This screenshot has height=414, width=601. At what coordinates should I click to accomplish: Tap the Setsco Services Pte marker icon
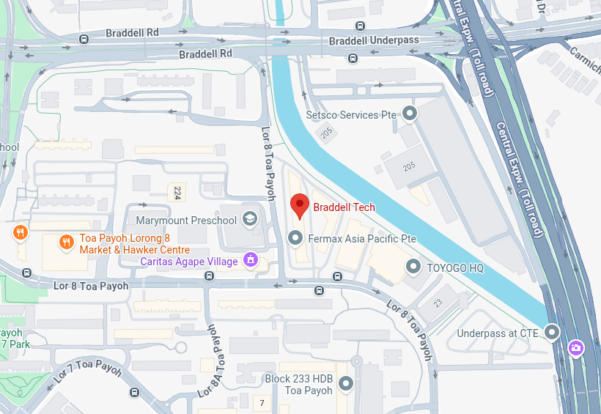point(410,114)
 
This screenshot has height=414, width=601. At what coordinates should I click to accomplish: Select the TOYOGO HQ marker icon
point(413,267)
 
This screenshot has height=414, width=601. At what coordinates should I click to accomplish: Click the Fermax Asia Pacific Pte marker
point(295,238)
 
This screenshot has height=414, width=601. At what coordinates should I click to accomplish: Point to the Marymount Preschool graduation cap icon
point(249,219)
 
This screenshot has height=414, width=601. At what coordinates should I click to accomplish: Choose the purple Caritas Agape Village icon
point(251,260)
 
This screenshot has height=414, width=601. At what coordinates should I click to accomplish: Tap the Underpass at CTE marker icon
point(552,333)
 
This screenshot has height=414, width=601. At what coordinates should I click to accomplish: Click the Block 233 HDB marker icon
point(347,383)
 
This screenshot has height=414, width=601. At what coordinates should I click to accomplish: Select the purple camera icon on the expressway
point(577,346)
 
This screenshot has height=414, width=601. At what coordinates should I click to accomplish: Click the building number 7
point(262,403)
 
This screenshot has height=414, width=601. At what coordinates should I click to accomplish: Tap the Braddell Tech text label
point(344,207)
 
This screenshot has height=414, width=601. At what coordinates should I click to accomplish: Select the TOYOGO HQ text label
point(455,268)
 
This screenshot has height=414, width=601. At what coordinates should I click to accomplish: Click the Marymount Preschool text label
point(187,220)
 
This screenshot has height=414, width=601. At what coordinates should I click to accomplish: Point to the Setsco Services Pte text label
point(351,115)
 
